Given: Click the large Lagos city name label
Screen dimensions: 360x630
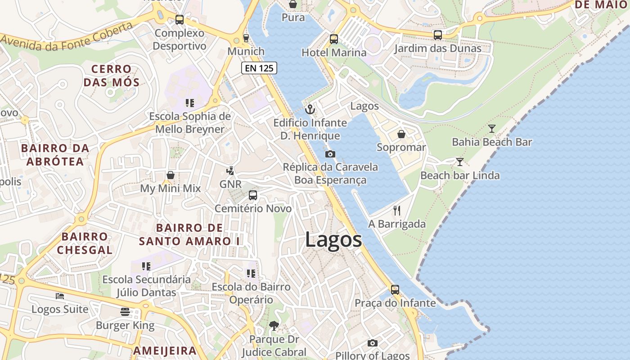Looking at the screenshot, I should pyautogui.click(x=333, y=240).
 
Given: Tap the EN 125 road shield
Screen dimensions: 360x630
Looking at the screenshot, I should pyautogui.click(x=259, y=68).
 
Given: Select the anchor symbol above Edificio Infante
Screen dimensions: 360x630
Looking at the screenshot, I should pyautogui.click(x=310, y=109).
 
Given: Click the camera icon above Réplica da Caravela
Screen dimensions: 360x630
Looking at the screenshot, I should pyautogui.click(x=330, y=154).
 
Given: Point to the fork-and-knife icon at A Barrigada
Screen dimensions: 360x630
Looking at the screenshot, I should pyautogui.click(x=397, y=210).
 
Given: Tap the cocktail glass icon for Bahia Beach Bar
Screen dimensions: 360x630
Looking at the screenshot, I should pyautogui.click(x=492, y=129).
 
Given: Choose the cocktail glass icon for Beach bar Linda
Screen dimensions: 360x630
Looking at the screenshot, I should pyautogui.click(x=459, y=162).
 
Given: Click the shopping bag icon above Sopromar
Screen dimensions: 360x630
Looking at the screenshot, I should pyautogui.click(x=401, y=134).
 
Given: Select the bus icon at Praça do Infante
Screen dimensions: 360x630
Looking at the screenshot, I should pyautogui.click(x=395, y=290).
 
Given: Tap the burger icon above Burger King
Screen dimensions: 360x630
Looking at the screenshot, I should pyautogui.click(x=125, y=312).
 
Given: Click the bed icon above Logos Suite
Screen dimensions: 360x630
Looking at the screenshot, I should pyautogui.click(x=60, y=296).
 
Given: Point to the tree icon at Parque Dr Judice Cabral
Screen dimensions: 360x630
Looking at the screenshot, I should pyautogui.click(x=274, y=325).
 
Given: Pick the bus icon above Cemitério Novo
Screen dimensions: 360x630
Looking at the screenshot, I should pyautogui.click(x=253, y=195).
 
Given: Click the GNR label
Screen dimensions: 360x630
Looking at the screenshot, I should pyautogui.click(x=230, y=184).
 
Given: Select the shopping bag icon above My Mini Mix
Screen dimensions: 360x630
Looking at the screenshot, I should pyautogui.click(x=171, y=175).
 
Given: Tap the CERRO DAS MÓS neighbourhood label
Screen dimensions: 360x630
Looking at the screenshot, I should pyautogui.click(x=111, y=76).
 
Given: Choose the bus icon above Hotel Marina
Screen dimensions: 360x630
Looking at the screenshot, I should pyautogui.click(x=333, y=39).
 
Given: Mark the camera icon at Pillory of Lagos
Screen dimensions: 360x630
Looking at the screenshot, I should pyautogui.click(x=372, y=343).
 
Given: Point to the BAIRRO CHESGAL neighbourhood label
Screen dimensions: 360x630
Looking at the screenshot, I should pyautogui.click(x=85, y=243).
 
